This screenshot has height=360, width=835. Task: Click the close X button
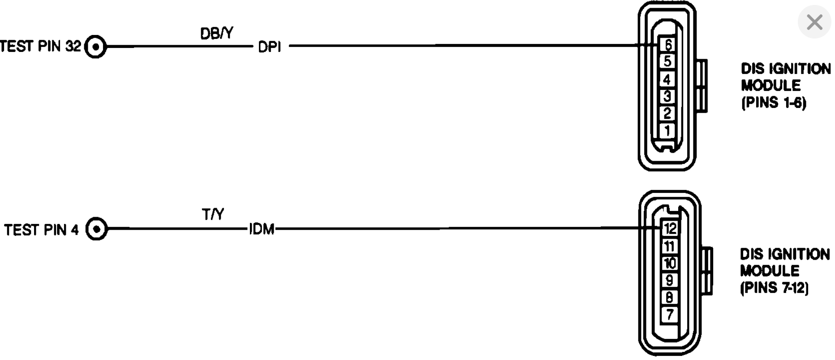(814, 22)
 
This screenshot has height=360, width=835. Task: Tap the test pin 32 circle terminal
(95, 47)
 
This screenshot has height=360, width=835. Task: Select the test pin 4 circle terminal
(96, 229)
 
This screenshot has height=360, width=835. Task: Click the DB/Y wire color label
(216, 34)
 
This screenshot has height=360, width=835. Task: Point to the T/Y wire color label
(213, 215)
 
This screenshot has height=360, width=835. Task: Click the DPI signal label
(270, 47)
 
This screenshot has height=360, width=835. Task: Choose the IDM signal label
(262, 230)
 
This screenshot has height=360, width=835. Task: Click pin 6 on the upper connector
(668, 44)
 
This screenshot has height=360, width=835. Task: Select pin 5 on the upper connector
(667, 61)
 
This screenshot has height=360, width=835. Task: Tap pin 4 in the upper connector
(667, 79)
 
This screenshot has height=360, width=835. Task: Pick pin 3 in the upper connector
(667, 96)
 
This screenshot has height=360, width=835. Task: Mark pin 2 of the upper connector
(667, 113)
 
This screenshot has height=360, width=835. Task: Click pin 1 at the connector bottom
(667, 131)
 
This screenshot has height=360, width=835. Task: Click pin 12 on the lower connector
(670, 229)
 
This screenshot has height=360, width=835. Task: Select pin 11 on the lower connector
(670, 246)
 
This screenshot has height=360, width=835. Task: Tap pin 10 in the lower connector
(670, 263)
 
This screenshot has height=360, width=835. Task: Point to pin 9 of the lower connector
(670, 280)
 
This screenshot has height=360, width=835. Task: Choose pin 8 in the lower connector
(670, 297)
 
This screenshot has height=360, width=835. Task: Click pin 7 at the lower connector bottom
(670, 314)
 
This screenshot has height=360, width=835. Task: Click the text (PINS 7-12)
(775, 288)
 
